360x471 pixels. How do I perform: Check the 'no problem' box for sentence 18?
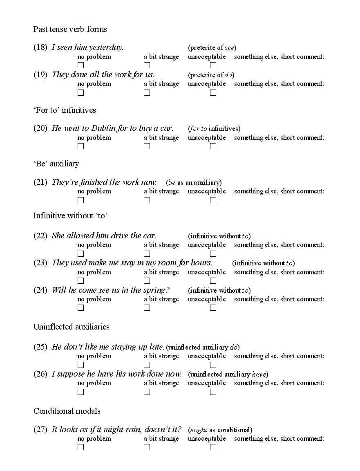point(81,65)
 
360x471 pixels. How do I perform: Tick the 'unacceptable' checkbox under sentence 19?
point(213,92)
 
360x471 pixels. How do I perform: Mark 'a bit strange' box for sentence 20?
point(147,146)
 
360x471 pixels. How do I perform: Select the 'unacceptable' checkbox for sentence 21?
point(213,200)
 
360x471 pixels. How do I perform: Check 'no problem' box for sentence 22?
point(81,254)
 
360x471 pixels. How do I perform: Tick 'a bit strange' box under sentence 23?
point(147,281)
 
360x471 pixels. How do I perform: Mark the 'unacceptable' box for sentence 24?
point(213,308)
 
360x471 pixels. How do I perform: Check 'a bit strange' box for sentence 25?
point(147,365)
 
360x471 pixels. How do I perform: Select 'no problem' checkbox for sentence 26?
point(81,392)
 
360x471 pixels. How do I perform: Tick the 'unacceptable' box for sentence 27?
point(213,447)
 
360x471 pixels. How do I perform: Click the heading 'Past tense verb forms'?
point(70,29)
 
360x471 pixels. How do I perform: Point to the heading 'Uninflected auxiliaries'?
point(71,327)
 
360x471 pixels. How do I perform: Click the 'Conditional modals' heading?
point(67,411)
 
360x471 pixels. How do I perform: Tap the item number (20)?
point(40,128)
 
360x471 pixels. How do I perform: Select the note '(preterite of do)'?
point(211,75)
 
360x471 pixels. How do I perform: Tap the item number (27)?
point(40,430)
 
